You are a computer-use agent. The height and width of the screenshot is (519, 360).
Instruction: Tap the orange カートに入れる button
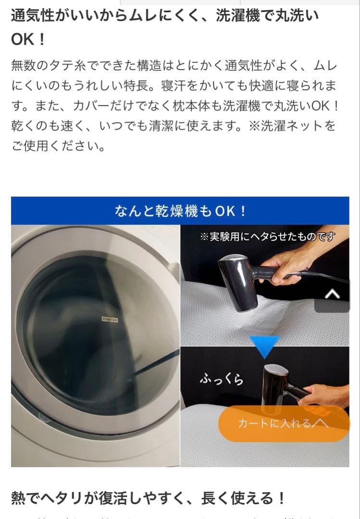[x=284, y=423]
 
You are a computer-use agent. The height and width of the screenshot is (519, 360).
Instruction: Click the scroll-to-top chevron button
[x=332, y=294]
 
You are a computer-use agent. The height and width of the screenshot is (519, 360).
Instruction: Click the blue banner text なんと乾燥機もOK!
[x=180, y=210]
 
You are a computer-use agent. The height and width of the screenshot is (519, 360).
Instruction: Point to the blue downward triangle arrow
[x=264, y=346]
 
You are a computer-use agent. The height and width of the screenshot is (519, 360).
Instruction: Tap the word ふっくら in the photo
[x=222, y=379]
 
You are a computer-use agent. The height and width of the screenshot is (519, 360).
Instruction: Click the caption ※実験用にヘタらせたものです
[x=267, y=236]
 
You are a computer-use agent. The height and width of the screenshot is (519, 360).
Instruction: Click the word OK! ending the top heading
[x=28, y=39]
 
